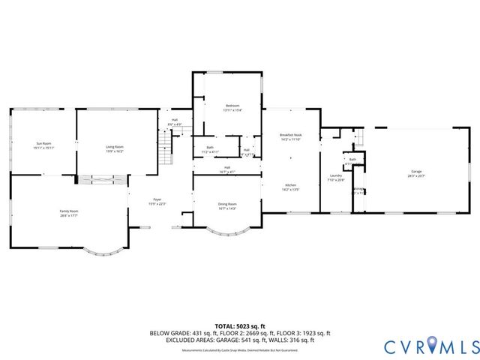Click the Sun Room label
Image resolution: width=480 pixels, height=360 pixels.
click(43, 143)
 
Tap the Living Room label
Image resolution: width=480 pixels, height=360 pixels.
click(114, 147)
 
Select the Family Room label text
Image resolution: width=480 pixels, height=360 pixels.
click(69, 211)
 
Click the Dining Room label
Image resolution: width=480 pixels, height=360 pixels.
click(227, 204)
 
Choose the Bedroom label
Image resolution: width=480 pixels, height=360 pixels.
click(232, 106)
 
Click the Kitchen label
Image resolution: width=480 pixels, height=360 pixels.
click(290, 185)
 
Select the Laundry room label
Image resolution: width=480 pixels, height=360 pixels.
click(335, 175)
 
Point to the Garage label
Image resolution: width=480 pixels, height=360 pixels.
click(416, 172)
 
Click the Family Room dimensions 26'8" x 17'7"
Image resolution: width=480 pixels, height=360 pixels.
click(69, 216)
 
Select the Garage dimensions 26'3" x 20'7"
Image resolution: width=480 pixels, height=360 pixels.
click(416, 177)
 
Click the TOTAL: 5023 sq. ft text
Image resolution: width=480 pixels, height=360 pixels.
click(239, 325)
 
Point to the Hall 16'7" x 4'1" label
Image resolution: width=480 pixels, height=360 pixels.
click(227, 169)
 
